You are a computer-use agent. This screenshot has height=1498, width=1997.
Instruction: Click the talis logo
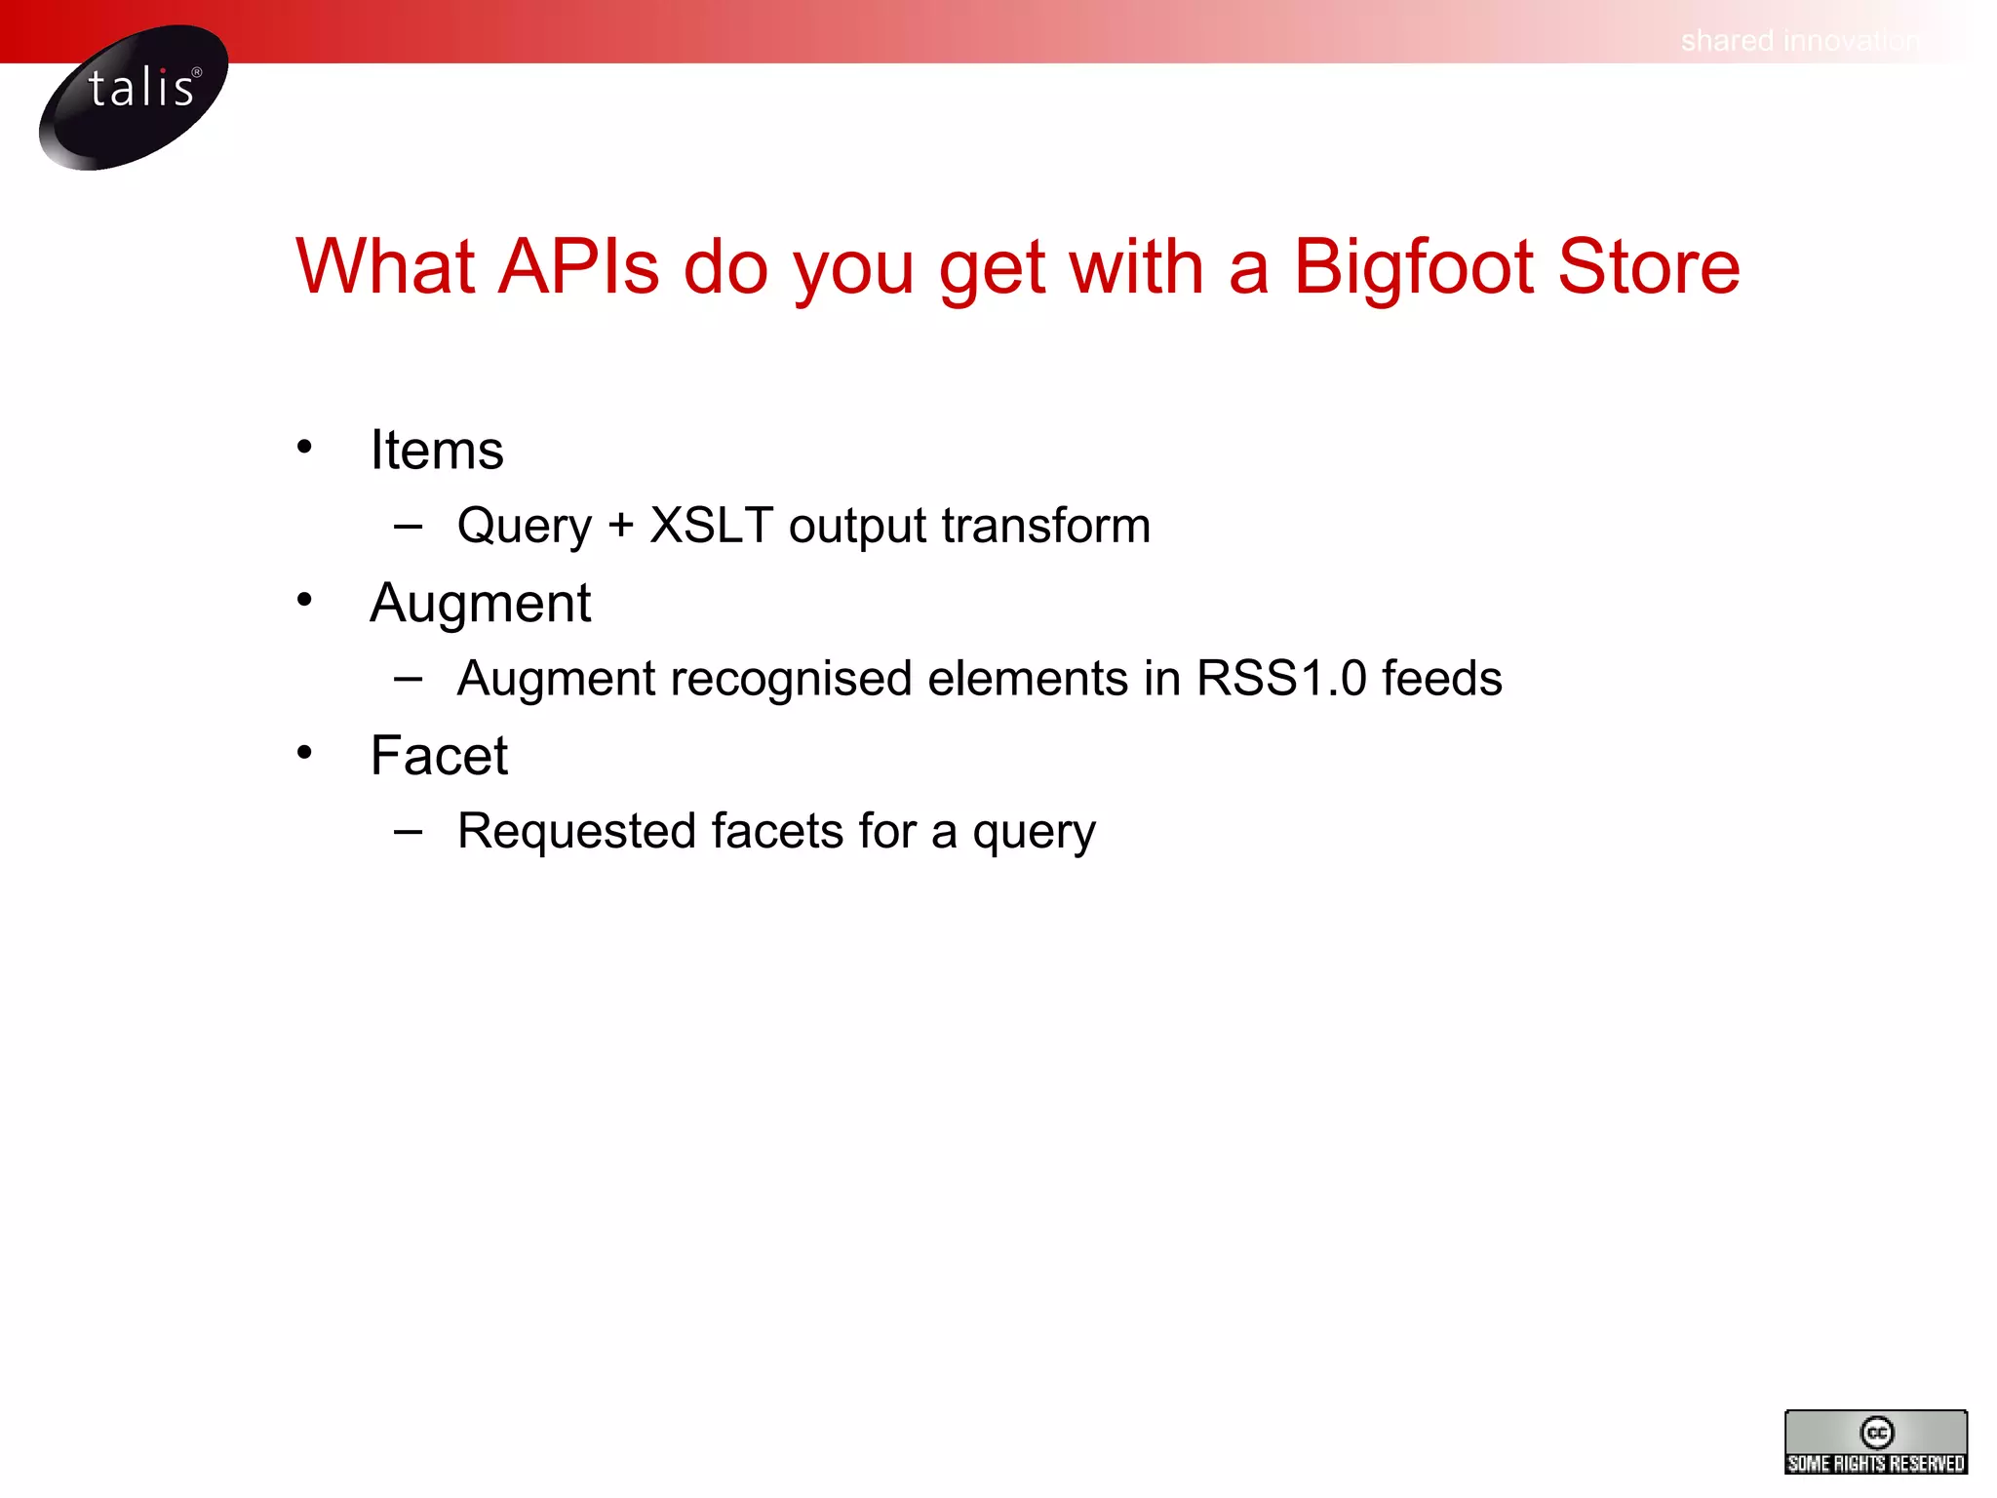[134, 97]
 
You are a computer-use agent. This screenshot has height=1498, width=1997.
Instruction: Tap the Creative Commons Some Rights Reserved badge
[1875, 1441]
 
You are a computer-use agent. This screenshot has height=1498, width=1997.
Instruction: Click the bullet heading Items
[437, 451]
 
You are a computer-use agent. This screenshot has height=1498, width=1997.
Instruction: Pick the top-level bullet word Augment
[480, 603]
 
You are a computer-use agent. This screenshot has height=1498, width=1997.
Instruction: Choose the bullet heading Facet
[439, 756]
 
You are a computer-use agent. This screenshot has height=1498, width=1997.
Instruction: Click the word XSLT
[711, 526]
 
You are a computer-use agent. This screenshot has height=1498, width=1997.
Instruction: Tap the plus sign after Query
[620, 527]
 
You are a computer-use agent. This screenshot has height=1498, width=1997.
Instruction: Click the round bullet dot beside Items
[304, 447]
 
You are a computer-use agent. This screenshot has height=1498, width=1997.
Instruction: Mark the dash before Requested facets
[409, 832]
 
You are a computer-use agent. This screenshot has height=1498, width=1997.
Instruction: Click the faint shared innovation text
[1799, 41]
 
